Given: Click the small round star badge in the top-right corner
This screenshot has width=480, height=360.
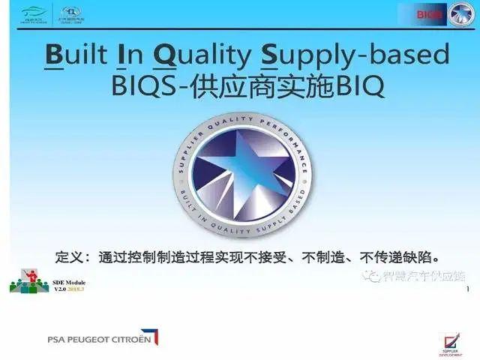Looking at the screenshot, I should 460,14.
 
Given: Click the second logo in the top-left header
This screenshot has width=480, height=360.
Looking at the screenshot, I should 72,13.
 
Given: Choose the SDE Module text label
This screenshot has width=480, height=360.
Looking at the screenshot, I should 69,282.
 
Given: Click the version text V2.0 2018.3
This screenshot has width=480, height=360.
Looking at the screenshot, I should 69,289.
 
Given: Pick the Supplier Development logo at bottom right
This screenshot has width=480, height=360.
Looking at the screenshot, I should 448,336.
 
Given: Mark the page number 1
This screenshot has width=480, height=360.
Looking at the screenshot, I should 468,289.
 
